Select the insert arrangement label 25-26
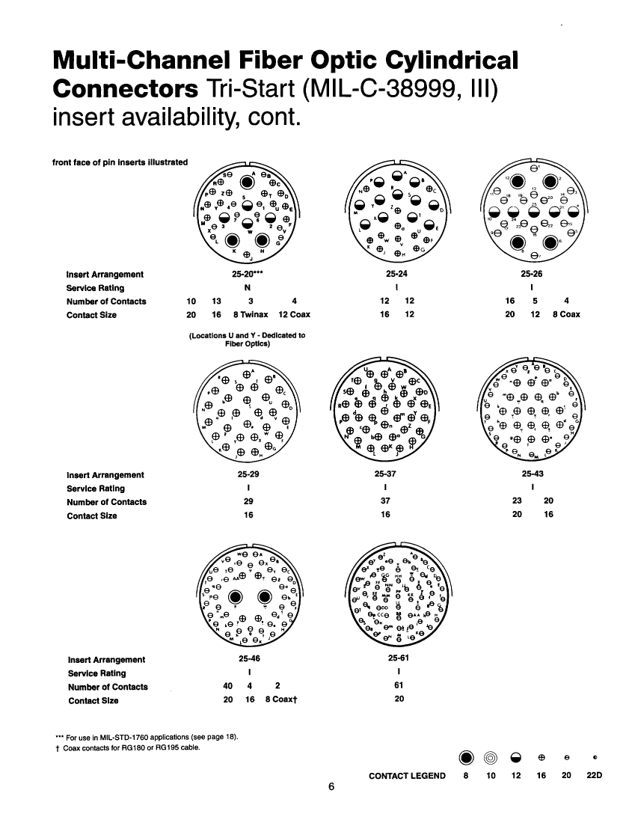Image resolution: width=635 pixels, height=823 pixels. (532, 275)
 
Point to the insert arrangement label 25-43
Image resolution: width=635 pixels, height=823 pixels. (533, 475)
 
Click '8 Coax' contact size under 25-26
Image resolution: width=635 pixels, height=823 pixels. (566, 315)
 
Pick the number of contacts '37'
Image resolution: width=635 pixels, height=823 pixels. (386, 502)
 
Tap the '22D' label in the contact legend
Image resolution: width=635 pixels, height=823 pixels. (595, 776)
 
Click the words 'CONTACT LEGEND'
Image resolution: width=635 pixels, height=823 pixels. (407, 776)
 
